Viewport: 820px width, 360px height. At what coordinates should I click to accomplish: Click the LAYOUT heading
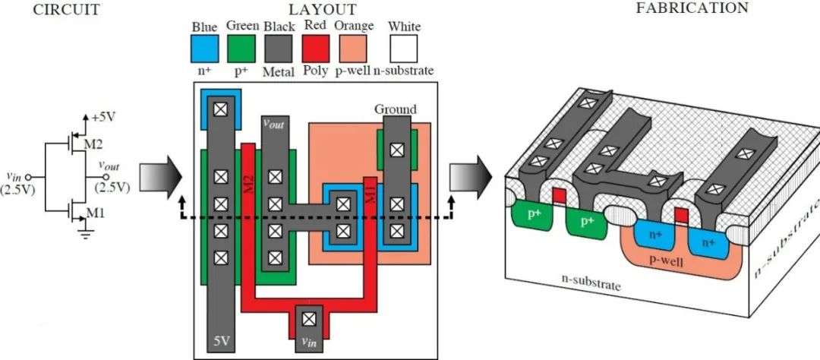(323, 9)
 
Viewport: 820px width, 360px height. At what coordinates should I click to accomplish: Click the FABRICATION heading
(692, 8)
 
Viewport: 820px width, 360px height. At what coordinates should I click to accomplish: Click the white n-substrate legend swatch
(405, 49)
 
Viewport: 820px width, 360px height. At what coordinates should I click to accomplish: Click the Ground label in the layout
(396, 109)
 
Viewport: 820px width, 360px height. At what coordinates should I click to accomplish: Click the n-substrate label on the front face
(591, 283)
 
